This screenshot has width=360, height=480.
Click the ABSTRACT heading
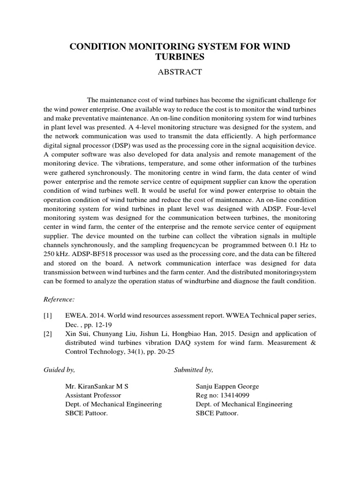coord(180,72)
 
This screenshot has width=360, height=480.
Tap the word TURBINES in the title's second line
coord(180,57)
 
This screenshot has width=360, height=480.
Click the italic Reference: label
coord(59,299)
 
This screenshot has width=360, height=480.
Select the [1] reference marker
coord(47,316)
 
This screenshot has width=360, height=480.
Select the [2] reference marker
coord(47,334)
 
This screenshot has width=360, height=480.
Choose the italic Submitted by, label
coord(193,370)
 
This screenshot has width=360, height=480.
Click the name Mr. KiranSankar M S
coord(97,387)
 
